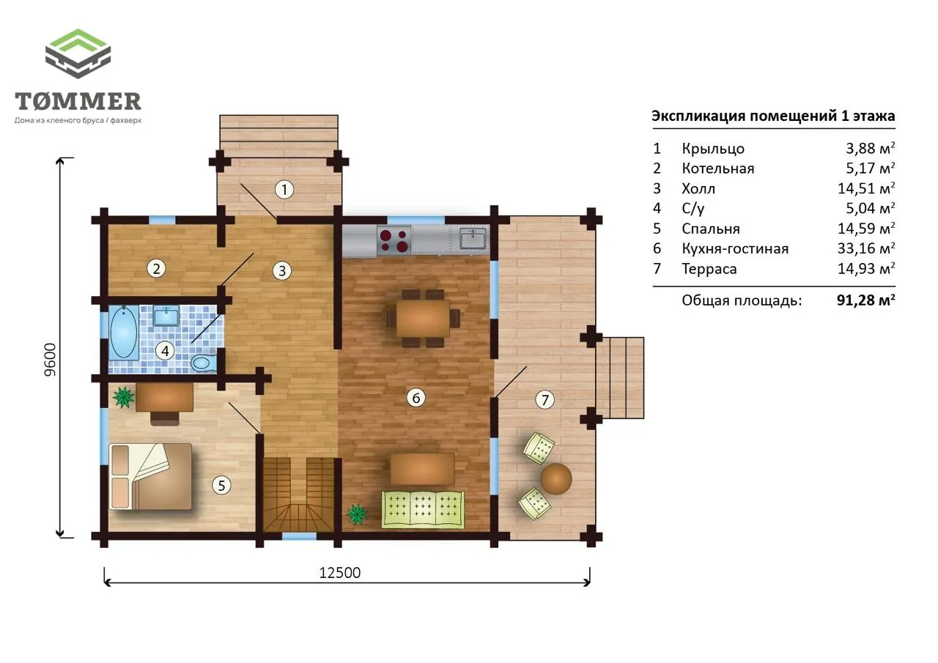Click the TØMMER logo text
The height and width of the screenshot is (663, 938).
click(78, 101)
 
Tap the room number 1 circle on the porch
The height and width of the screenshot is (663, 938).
click(284, 190)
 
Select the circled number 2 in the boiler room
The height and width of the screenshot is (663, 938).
click(156, 269)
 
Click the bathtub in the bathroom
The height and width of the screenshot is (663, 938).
click(124, 331)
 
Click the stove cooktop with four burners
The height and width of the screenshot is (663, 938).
click(394, 240)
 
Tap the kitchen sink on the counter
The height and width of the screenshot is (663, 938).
click(473, 239)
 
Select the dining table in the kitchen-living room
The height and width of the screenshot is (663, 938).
click(423, 318)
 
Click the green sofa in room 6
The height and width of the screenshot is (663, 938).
click(423, 509)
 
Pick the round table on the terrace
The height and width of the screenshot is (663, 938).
click(556, 479)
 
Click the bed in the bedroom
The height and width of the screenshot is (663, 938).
click(151, 476)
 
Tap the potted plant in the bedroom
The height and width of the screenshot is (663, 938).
click(124, 397)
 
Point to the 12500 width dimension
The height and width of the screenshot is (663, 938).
click(339, 573)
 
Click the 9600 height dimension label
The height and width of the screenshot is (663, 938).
click(50, 360)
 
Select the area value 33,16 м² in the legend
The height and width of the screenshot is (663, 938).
click(866, 248)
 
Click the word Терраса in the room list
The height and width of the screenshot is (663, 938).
click(709, 269)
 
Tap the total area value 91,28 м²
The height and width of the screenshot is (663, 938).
click(866, 300)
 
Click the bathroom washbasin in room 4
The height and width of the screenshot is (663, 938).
click(166, 316)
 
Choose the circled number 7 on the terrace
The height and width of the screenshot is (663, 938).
click(544, 400)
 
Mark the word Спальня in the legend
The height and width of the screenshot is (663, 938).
click(711, 229)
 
